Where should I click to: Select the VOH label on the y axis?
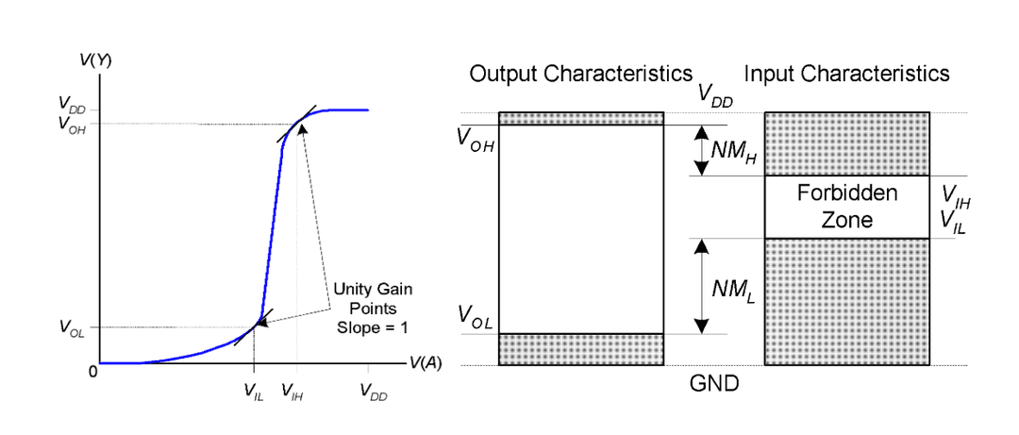(73, 125)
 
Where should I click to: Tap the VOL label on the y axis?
(73, 328)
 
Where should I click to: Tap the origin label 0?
(92, 372)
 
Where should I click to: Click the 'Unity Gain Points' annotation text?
(375, 297)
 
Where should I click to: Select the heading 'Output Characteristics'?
(581, 74)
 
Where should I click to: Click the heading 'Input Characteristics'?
(846, 74)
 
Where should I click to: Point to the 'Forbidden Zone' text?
(846, 207)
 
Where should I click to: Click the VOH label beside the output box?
(476, 142)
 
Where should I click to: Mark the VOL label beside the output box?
(476, 315)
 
